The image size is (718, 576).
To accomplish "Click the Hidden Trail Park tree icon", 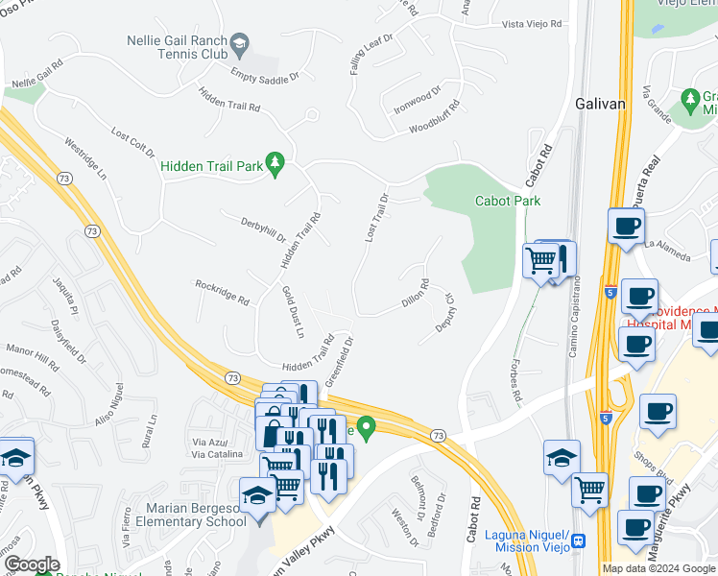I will coord(276,166).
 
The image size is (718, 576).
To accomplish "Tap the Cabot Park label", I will coord(508,201).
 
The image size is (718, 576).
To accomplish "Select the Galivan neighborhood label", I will coord(601,103).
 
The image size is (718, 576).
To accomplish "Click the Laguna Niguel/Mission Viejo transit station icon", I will coord(579,540).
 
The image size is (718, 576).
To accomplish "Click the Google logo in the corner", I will coord(31,564).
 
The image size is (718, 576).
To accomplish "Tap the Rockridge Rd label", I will coord(222,292).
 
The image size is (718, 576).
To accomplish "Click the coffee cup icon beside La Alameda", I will coord(626,228).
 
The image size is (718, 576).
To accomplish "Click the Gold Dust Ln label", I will coord(293,311).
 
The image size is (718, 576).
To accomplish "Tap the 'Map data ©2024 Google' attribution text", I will coord(658,568).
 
